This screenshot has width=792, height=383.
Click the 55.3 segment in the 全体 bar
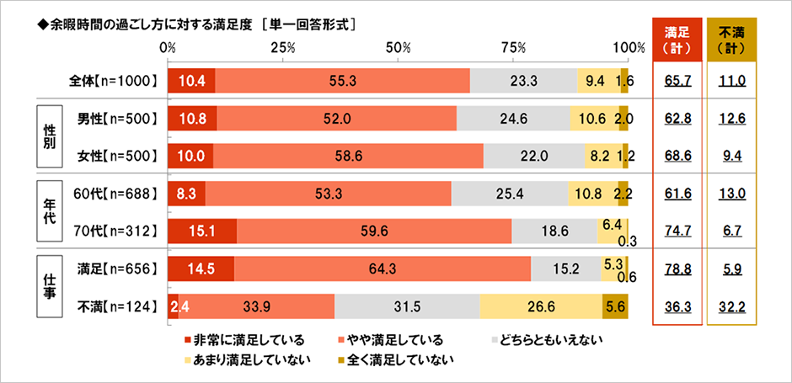tap(342, 81)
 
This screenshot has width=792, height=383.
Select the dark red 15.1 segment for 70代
tap(202, 230)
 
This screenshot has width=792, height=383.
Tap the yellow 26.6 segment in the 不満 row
tap(540, 307)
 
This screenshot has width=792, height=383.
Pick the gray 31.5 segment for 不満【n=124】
tap(406, 307)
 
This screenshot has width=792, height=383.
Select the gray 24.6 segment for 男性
tap(512, 119)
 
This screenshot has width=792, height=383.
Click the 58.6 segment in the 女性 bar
tap(348, 156)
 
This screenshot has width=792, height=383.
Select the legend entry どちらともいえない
tap(548, 340)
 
